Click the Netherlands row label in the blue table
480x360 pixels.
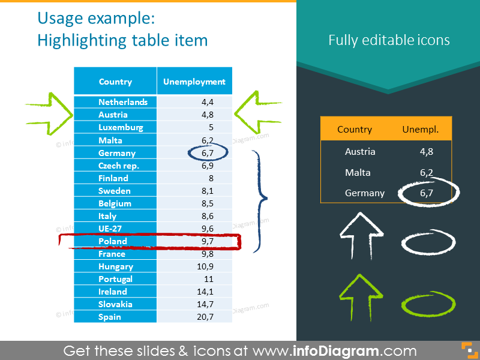pyautogui.click(x=123, y=102)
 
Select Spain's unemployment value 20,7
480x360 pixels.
pyautogui.click(x=205, y=317)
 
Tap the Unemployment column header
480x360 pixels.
pyautogui.click(x=194, y=82)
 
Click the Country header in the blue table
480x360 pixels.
pyautogui.click(x=115, y=82)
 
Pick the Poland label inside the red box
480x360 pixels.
pyautogui.click(x=113, y=241)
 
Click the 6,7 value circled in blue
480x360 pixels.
pyautogui.click(x=208, y=153)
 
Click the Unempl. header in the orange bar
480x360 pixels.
pyautogui.click(x=421, y=130)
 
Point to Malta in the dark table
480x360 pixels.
pyautogui.click(x=358, y=173)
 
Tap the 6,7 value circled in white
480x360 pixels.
pyautogui.click(x=427, y=193)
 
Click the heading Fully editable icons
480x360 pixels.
pyautogui.click(x=389, y=40)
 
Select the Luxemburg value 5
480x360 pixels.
pyautogui.click(x=211, y=127)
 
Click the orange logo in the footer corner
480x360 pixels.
pyautogui.click(x=470, y=350)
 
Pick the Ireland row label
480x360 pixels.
pyautogui.click(x=112, y=292)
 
